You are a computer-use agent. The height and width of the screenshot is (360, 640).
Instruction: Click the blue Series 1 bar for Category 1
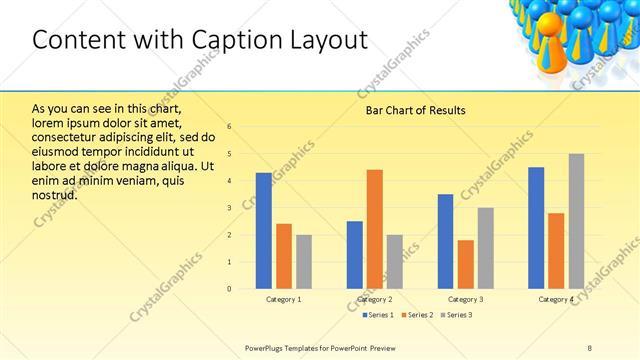tap(264, 231)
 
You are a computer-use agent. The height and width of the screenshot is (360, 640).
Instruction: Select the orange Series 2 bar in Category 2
tap(375, 229)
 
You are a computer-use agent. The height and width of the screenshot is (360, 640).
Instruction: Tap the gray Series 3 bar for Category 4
tap(576, 221)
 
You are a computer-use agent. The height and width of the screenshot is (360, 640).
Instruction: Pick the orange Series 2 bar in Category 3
tap(466, 264)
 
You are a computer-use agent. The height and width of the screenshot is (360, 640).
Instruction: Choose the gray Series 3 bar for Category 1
tap(304, 262)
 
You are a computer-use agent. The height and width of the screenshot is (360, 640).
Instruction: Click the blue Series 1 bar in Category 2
tap(355, 255)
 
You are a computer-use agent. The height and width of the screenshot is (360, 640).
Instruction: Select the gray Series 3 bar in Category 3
tap(486, 248)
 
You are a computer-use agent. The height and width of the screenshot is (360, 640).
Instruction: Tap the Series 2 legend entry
tap(417, 315)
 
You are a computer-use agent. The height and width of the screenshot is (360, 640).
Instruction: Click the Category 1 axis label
tap(284, 299)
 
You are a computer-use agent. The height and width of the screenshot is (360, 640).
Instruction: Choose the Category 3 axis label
tap(466, 299)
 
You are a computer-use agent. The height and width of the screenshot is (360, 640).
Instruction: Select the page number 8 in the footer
tap(590, 347)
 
